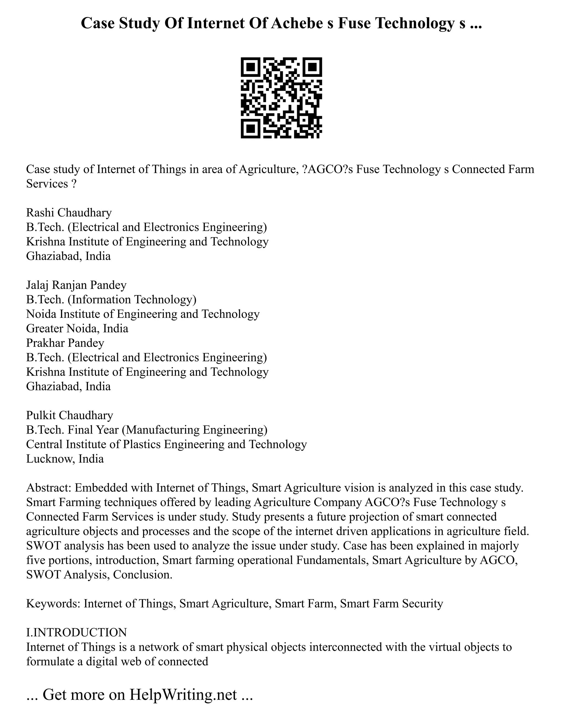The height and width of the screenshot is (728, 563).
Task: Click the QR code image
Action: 281,98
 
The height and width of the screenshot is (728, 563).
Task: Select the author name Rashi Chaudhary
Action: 69,212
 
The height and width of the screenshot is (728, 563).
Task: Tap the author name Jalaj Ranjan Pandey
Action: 76,285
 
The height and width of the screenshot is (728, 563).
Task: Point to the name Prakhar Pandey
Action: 65,343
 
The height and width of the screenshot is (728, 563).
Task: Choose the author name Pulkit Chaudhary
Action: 69,415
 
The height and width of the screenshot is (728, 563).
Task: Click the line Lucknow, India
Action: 65,459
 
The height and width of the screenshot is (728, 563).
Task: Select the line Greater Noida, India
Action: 77,328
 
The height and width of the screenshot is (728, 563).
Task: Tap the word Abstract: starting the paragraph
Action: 49,488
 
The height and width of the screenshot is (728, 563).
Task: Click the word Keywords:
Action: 53,603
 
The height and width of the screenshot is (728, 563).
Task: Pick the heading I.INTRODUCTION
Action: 76,632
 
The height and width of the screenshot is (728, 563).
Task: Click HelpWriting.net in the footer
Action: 183,694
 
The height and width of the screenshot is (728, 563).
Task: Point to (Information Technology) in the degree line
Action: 132,299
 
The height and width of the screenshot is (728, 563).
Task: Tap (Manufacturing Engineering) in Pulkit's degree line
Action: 194,430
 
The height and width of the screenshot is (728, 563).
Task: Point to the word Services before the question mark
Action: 47,184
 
